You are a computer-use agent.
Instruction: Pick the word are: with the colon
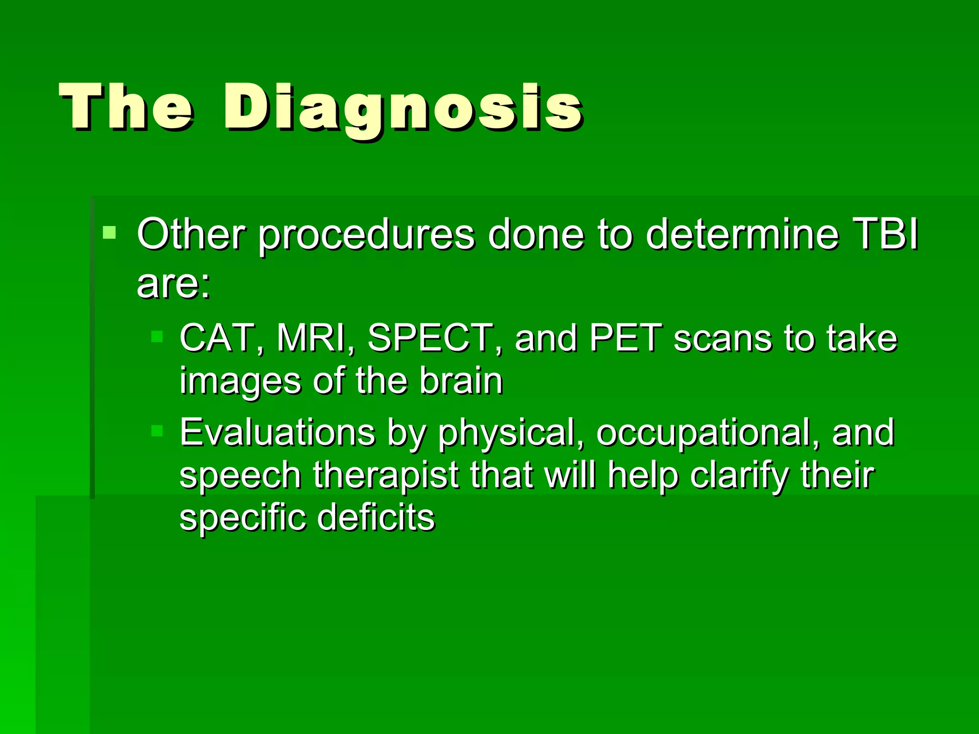(173, 284)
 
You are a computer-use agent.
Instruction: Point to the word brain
(461, 381)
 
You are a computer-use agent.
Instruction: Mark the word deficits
(376, 518)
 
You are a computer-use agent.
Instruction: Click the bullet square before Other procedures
(109, 233)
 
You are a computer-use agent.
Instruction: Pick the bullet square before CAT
(157, 337)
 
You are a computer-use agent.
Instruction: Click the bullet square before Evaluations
(157, 431)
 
